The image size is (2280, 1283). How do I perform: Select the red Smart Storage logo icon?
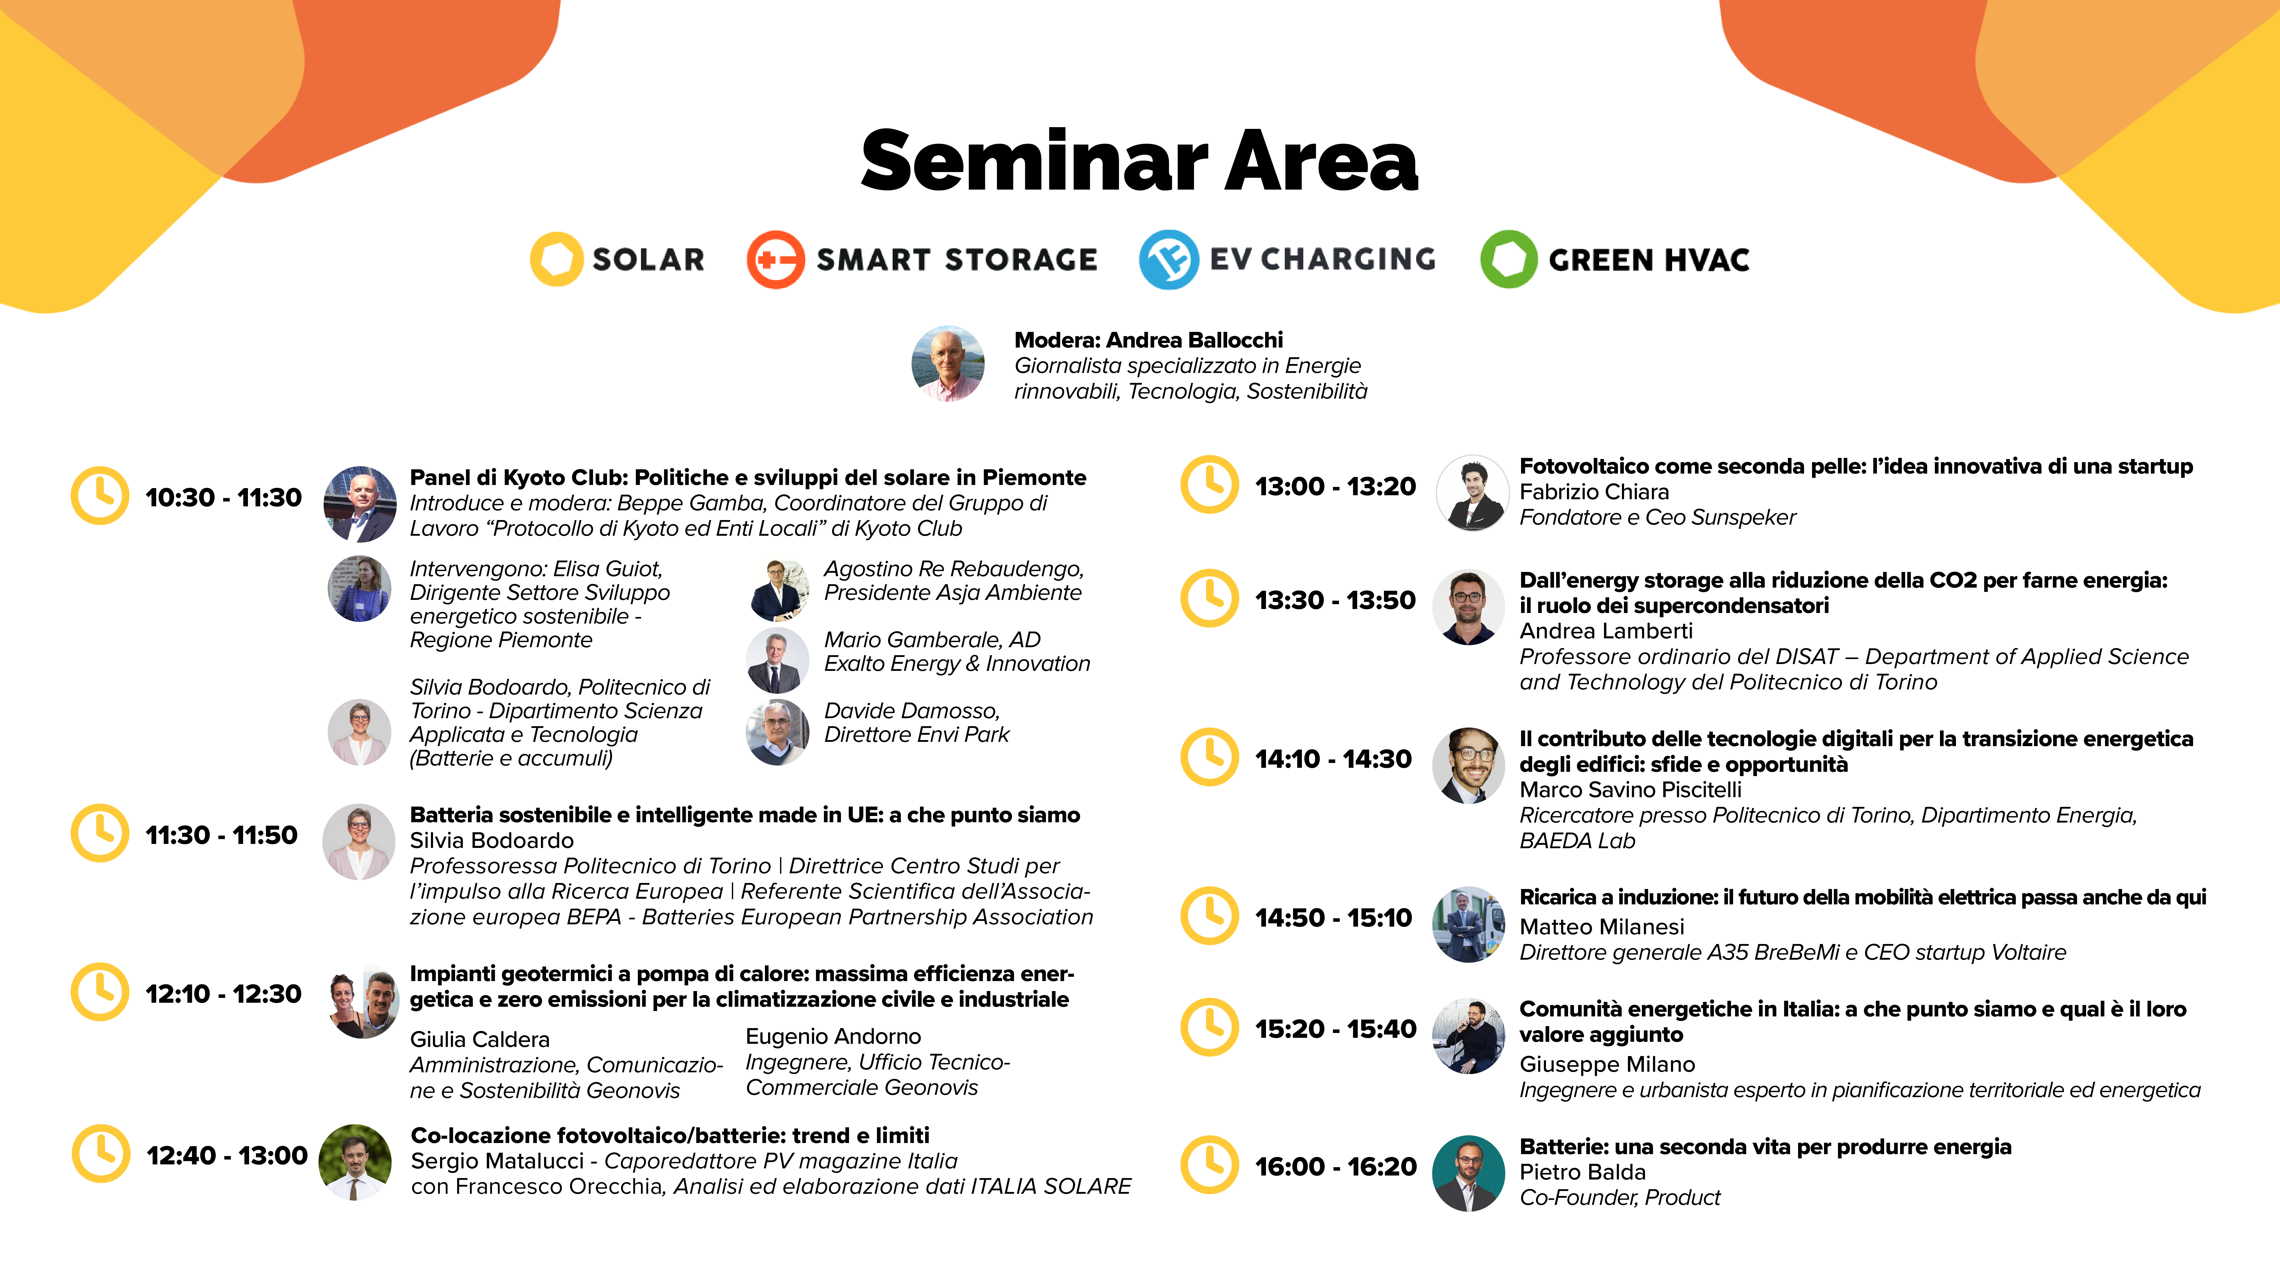click(x=775, y=259)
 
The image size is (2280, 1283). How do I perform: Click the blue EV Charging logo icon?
click(x=1168, y=259)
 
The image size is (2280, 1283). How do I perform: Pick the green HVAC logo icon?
click(x=1509, y=259)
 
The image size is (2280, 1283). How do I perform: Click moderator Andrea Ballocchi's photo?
click(x=948, y=363)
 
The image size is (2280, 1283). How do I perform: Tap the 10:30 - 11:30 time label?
click(x=223, y=498)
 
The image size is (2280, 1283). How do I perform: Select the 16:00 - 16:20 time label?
click(x=1336, y=1167)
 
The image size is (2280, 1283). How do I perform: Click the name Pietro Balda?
click(x=1583, y=1172)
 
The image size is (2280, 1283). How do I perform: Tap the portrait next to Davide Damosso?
click(x=777, y=732)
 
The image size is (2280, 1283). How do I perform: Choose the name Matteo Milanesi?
click(x=1602, y=927)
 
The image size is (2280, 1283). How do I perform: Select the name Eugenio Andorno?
click(x=833, y=1037)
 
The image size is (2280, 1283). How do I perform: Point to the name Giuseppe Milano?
click(x=1607, y=1064)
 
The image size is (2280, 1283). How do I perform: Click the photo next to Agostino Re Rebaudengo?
click(x=779, y=589)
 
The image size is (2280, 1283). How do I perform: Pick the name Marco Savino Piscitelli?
click(x=1630, y=790)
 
